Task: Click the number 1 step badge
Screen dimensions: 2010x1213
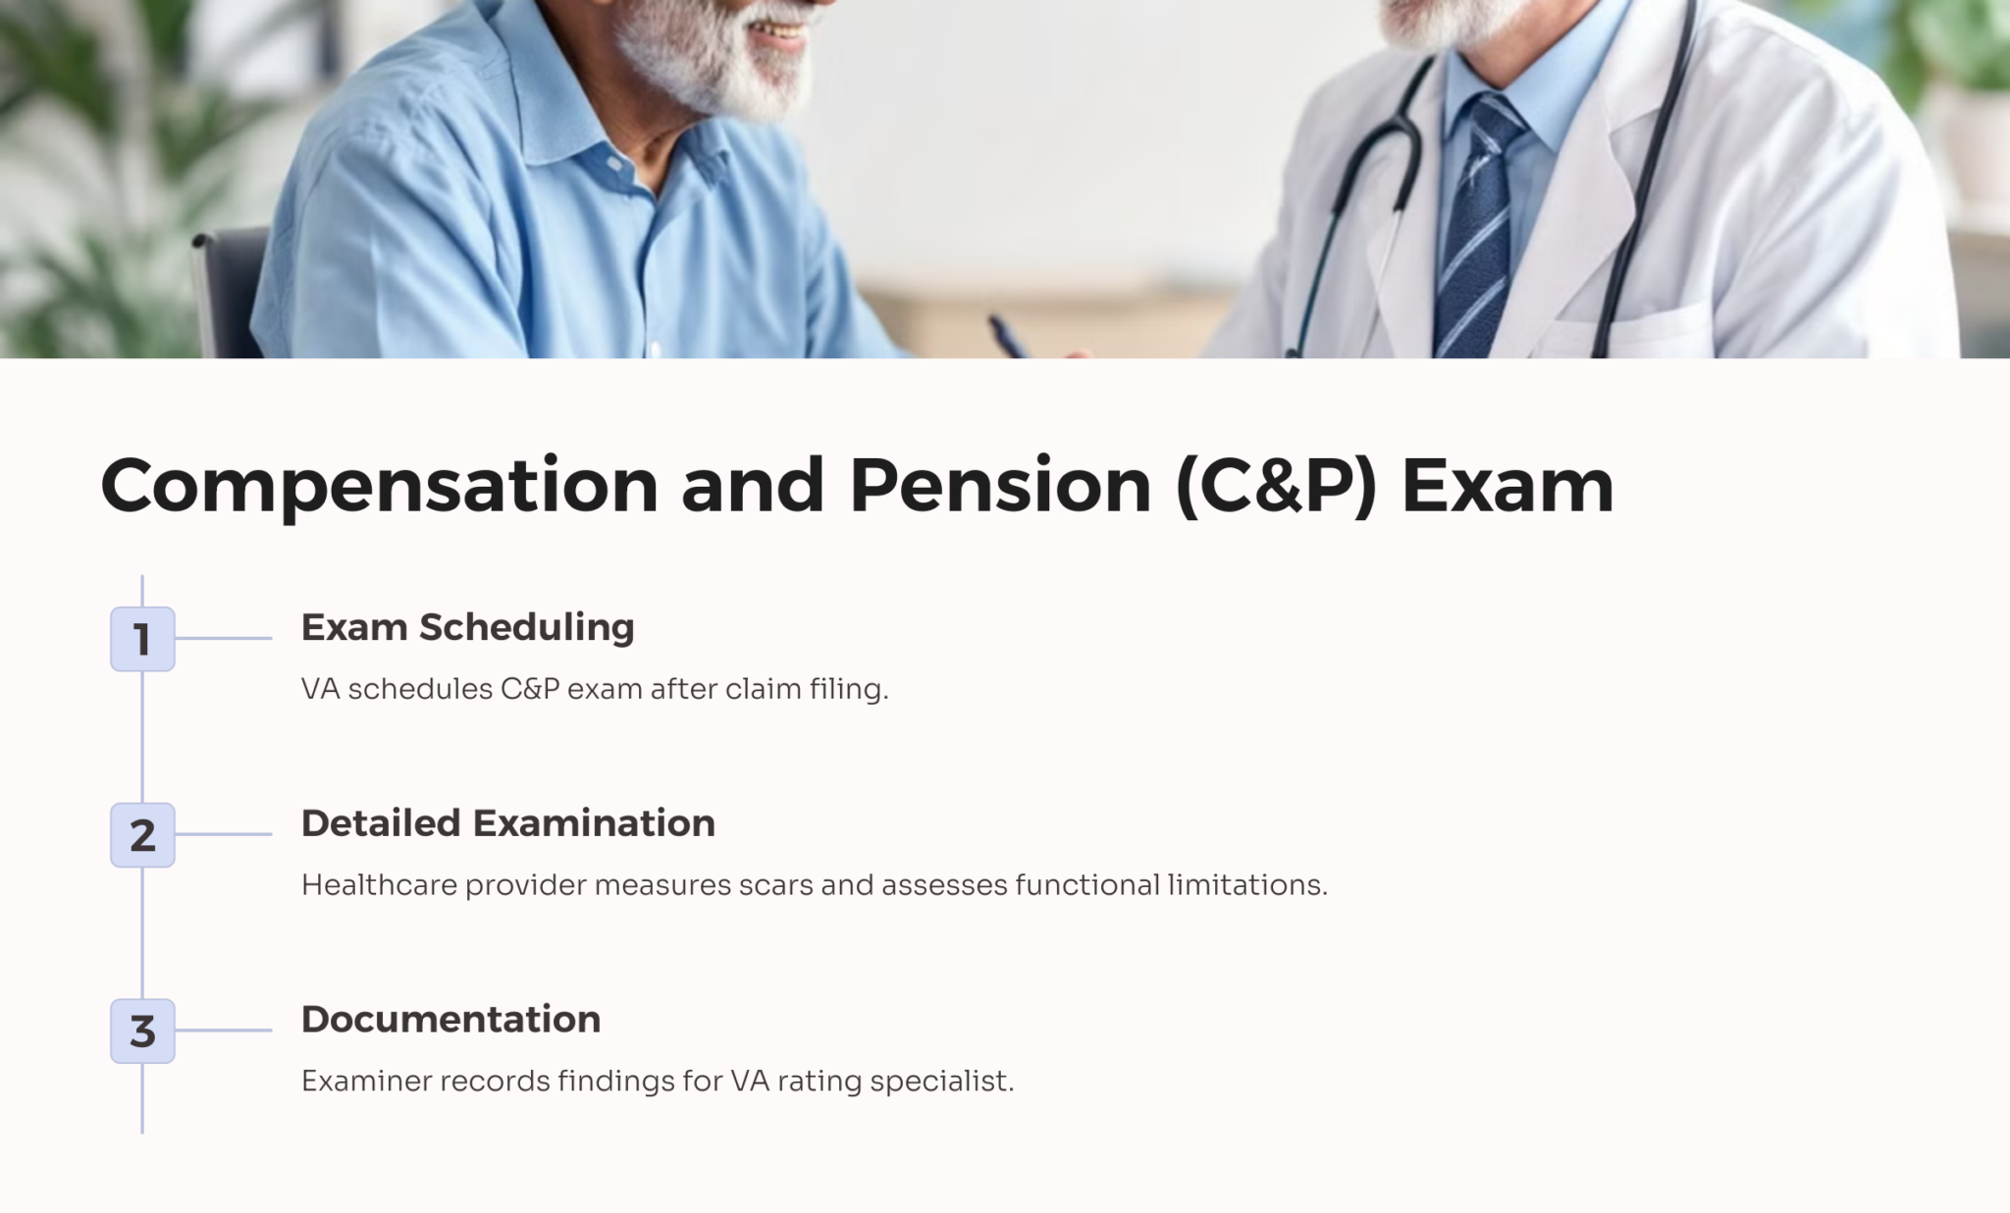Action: coord(142,639)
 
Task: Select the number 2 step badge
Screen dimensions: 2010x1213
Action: coord(142,835)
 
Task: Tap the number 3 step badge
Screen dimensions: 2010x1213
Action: coord(142,1031)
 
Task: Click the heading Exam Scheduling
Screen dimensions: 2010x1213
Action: coord(467,628)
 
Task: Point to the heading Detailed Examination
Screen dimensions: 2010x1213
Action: coord(507,823)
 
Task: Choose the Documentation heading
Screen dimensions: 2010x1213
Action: coord(450,1020)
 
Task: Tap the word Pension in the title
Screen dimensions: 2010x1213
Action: coord(1000,485)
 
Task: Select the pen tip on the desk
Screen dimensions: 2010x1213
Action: coord(994,321)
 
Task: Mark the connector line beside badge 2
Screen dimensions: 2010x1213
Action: coord(224,834)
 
